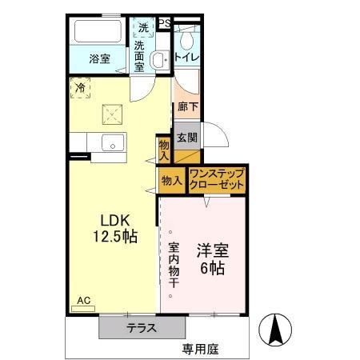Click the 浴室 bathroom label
click(98, 58)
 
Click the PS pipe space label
click(164, 23)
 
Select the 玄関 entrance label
click(187, 138)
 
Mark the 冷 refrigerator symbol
click(80, 88)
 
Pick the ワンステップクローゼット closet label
click(217, 179)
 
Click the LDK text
click(114, 220)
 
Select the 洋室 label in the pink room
click(213, 250)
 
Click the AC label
click(84, 301)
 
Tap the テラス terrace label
click(141, 328)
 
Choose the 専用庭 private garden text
click(199, 349)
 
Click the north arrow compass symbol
click(275, 329)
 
